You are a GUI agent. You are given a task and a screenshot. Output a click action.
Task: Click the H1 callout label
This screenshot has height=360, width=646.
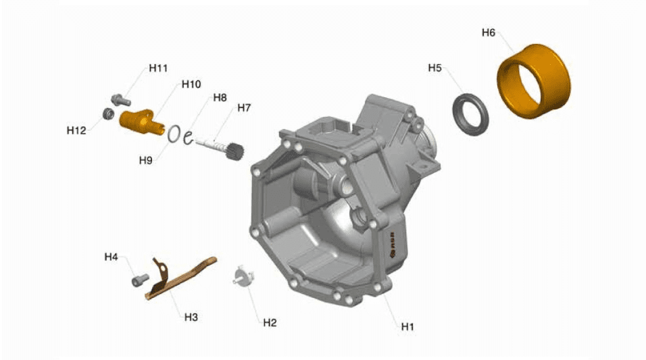(x=407, y=327)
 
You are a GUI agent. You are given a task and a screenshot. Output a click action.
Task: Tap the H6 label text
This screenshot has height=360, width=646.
(x=489, y=32)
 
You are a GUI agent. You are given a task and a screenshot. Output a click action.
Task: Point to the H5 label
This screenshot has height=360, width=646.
(x=434, y=68)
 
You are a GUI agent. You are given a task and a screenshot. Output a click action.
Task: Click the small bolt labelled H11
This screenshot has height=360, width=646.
(x=121, y=100)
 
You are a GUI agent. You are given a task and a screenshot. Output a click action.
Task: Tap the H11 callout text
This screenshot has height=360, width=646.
(x=158, y=68)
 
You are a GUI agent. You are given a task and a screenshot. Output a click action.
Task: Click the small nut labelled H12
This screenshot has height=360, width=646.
(x=108, y=113)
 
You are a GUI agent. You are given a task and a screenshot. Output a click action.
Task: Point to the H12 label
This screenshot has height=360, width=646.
(x=76, y=130)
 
